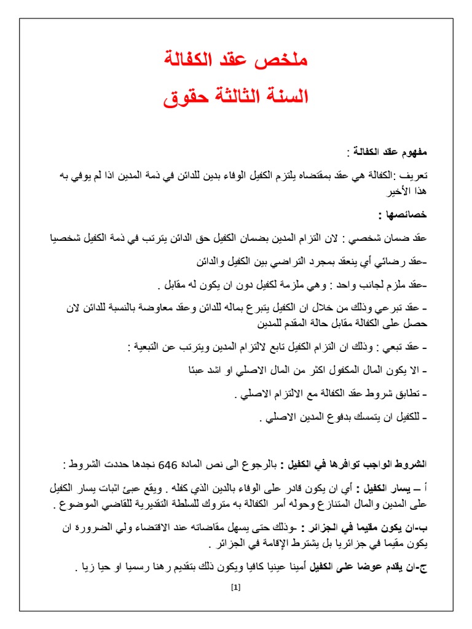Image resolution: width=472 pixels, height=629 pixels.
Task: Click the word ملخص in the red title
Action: click(x=286, y=61)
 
